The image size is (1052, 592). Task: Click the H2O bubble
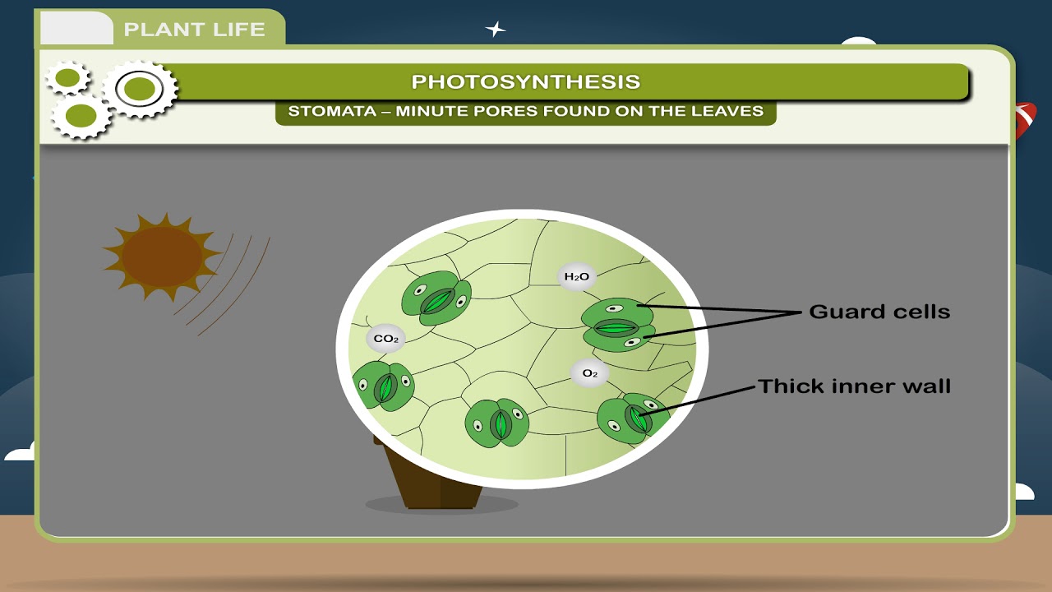point(575,277)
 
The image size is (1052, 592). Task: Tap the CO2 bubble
point(385,338)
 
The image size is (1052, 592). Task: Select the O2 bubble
point(589,373)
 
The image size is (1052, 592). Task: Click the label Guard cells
point(879,312)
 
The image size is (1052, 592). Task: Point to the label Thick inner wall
point(854,386)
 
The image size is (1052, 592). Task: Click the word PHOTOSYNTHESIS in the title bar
point(525,81)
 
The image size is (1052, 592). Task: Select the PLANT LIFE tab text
point(195,30)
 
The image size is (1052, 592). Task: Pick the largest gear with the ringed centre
point(141,88)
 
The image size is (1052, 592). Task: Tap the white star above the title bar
point(495,30)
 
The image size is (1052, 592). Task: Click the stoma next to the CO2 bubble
point(383,386)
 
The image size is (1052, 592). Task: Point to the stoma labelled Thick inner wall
point(633,417)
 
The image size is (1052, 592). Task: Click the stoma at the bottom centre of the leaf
point(497,423)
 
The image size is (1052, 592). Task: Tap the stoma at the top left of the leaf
point(436,299)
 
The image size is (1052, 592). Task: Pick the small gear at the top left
point(68,77)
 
